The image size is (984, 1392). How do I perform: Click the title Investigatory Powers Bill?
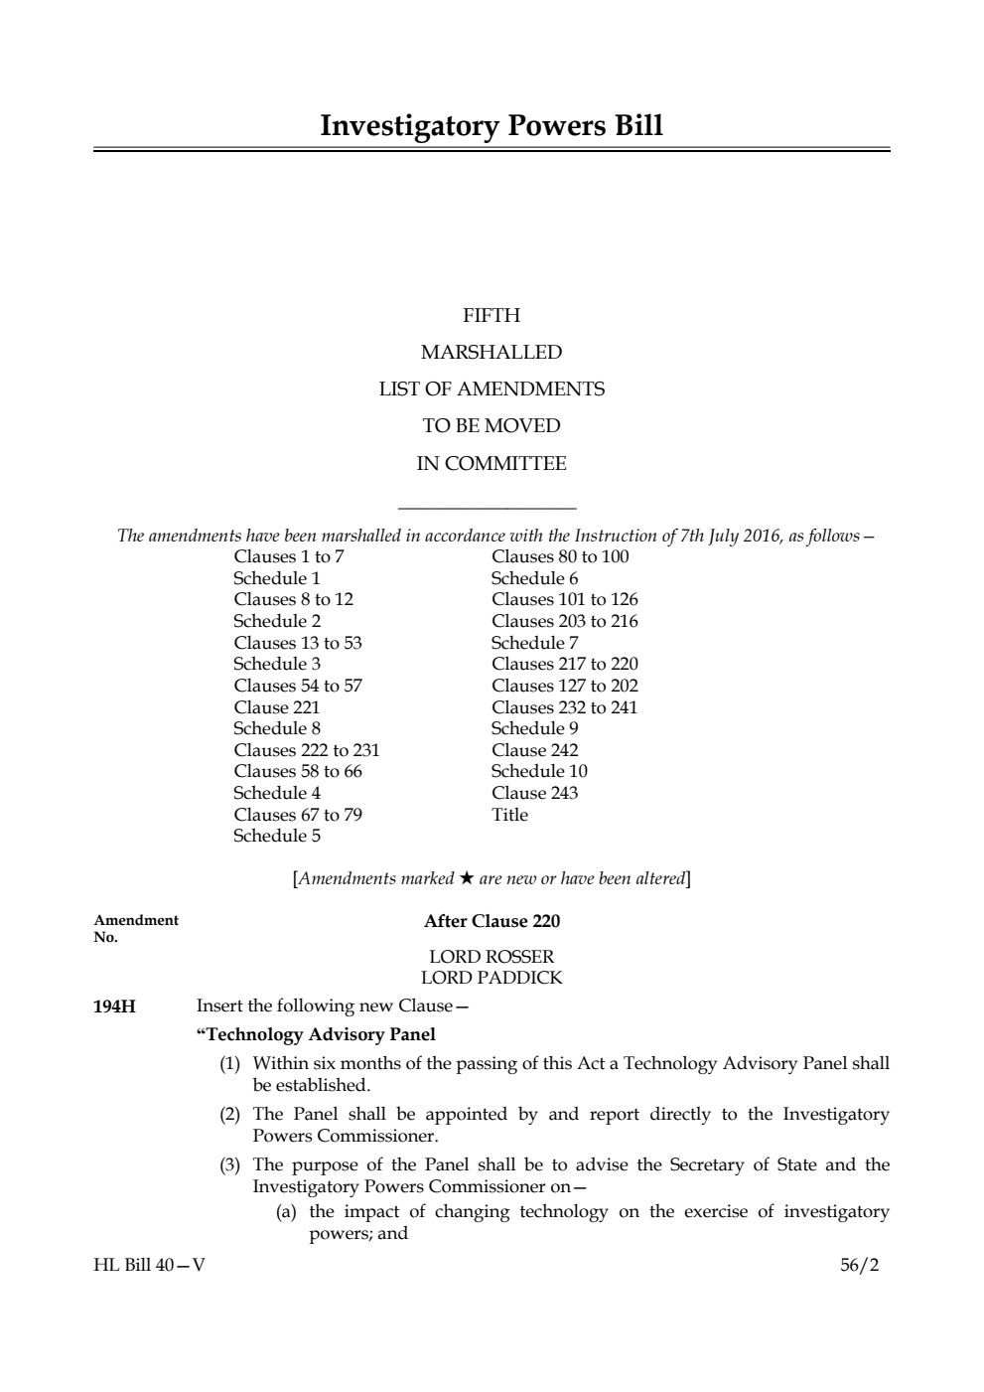point(492,126)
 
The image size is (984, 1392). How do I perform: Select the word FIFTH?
point(492,316)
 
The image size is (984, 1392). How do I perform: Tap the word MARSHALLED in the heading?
point(492,353)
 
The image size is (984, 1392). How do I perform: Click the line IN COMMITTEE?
point(492,464)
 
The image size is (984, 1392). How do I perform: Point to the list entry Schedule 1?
point(277,578)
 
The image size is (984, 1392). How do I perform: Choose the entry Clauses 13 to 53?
point(298,643)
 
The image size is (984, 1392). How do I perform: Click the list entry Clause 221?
point(277,707)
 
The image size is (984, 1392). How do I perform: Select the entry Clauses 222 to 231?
point(307,750)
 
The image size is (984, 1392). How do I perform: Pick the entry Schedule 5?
point(277,836)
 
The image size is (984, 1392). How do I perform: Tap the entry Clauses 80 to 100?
point(560,556)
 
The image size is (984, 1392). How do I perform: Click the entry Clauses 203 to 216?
point(565,621)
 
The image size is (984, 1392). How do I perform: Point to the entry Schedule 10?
point(539,771)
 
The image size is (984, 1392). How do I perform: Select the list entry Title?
point(510,815)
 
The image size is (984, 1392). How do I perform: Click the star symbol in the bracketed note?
point(467,878)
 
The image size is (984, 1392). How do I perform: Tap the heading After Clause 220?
point(492,921)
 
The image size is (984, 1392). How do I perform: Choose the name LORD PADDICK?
point(492,978)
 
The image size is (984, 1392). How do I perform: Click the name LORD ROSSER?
point(492,957)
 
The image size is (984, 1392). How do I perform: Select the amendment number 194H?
point(115,1006)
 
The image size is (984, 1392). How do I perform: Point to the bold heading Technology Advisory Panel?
point(317,1034)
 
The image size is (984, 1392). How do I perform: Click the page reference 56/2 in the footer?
point(859,1266)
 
